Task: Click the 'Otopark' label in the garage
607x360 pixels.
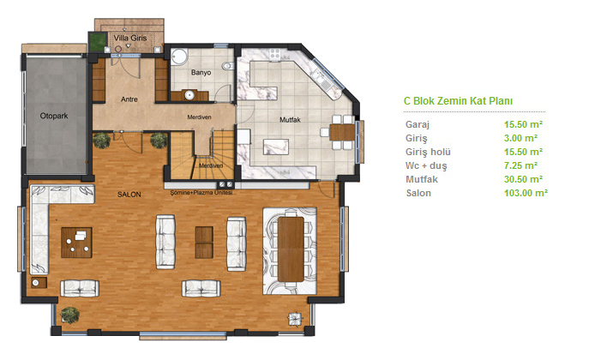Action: pos(54,116)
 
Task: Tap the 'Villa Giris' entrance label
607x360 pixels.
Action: pos(130,38)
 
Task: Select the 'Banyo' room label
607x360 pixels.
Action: pos(201,72)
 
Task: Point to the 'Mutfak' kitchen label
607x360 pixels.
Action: pos(290,120)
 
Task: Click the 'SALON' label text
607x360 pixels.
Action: pos(129,195)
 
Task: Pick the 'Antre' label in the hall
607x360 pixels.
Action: pos(129,99)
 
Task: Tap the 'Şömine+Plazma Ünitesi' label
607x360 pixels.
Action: pos(201,192)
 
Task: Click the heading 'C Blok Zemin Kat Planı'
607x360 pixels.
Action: pos(458,101)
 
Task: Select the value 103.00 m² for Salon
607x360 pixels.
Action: pos(526,193)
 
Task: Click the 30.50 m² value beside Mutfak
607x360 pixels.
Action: pos(523,179)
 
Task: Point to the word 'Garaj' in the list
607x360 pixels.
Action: pos(418,124)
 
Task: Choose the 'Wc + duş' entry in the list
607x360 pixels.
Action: pos(426,165)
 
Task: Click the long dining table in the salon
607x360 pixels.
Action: pos(291,249)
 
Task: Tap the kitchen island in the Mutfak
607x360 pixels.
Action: pos(275,147)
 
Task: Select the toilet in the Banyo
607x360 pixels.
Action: pos(228,66)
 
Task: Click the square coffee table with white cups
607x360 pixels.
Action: pos(76,243)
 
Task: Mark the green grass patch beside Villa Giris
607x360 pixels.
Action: pos(97,42)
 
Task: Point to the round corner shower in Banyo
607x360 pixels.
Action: pos(178,57)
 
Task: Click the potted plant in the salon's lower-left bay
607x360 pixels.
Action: pos(70,315)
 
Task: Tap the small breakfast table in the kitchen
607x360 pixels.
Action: pos(342,132)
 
